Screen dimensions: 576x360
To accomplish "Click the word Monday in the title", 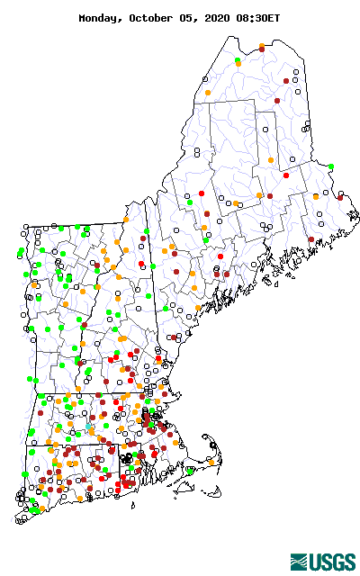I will [102, 17].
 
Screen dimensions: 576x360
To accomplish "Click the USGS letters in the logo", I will [334, 562].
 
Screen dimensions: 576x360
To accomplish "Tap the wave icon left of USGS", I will [301, 562].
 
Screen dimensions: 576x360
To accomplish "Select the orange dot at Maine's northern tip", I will [262, 46].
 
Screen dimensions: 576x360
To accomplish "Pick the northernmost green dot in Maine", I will [238, 61].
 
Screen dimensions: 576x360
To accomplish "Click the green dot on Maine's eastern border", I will [331, 166].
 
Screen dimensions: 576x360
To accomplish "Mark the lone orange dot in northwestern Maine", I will [208, 92].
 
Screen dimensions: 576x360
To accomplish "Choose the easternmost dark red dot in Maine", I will [340, 197].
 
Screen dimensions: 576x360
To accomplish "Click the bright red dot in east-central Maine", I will [286, 175].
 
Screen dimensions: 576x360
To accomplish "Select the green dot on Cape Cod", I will [190, 469].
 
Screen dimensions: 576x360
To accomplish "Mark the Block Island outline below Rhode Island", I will [133, 505].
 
